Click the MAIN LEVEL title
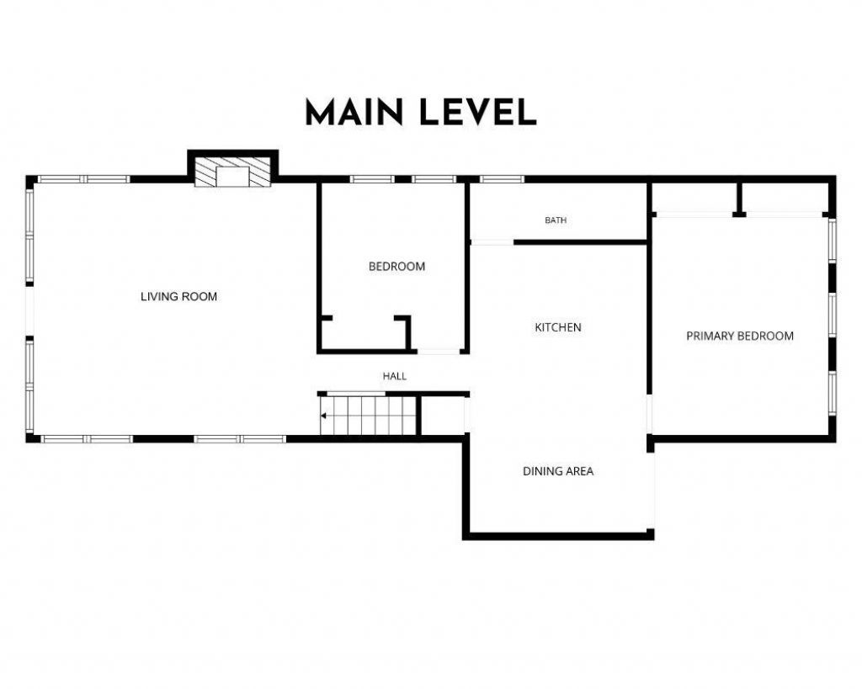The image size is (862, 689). coord(421,113)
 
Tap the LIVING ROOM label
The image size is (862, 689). coord(178,297)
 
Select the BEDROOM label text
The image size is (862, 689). coord(396,267)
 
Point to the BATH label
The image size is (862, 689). coord(556,220)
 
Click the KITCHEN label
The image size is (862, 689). coord(558,327)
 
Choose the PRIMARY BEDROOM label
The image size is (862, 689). coord(740,337)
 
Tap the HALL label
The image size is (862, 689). coord(395,376)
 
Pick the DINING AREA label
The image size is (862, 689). coord(558,471)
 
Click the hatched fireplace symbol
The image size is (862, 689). coord(233,172)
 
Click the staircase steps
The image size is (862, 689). coord(368,416)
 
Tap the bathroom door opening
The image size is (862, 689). coord(492,242)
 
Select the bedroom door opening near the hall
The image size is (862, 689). coord(438,351)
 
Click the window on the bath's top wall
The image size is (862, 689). coord(502,179)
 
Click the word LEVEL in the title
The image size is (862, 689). coord(478,113)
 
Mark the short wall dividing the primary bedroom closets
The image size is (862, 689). coord(739,199)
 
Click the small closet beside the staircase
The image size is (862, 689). coord(444,416)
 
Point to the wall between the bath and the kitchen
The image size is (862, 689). coord(580,242)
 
